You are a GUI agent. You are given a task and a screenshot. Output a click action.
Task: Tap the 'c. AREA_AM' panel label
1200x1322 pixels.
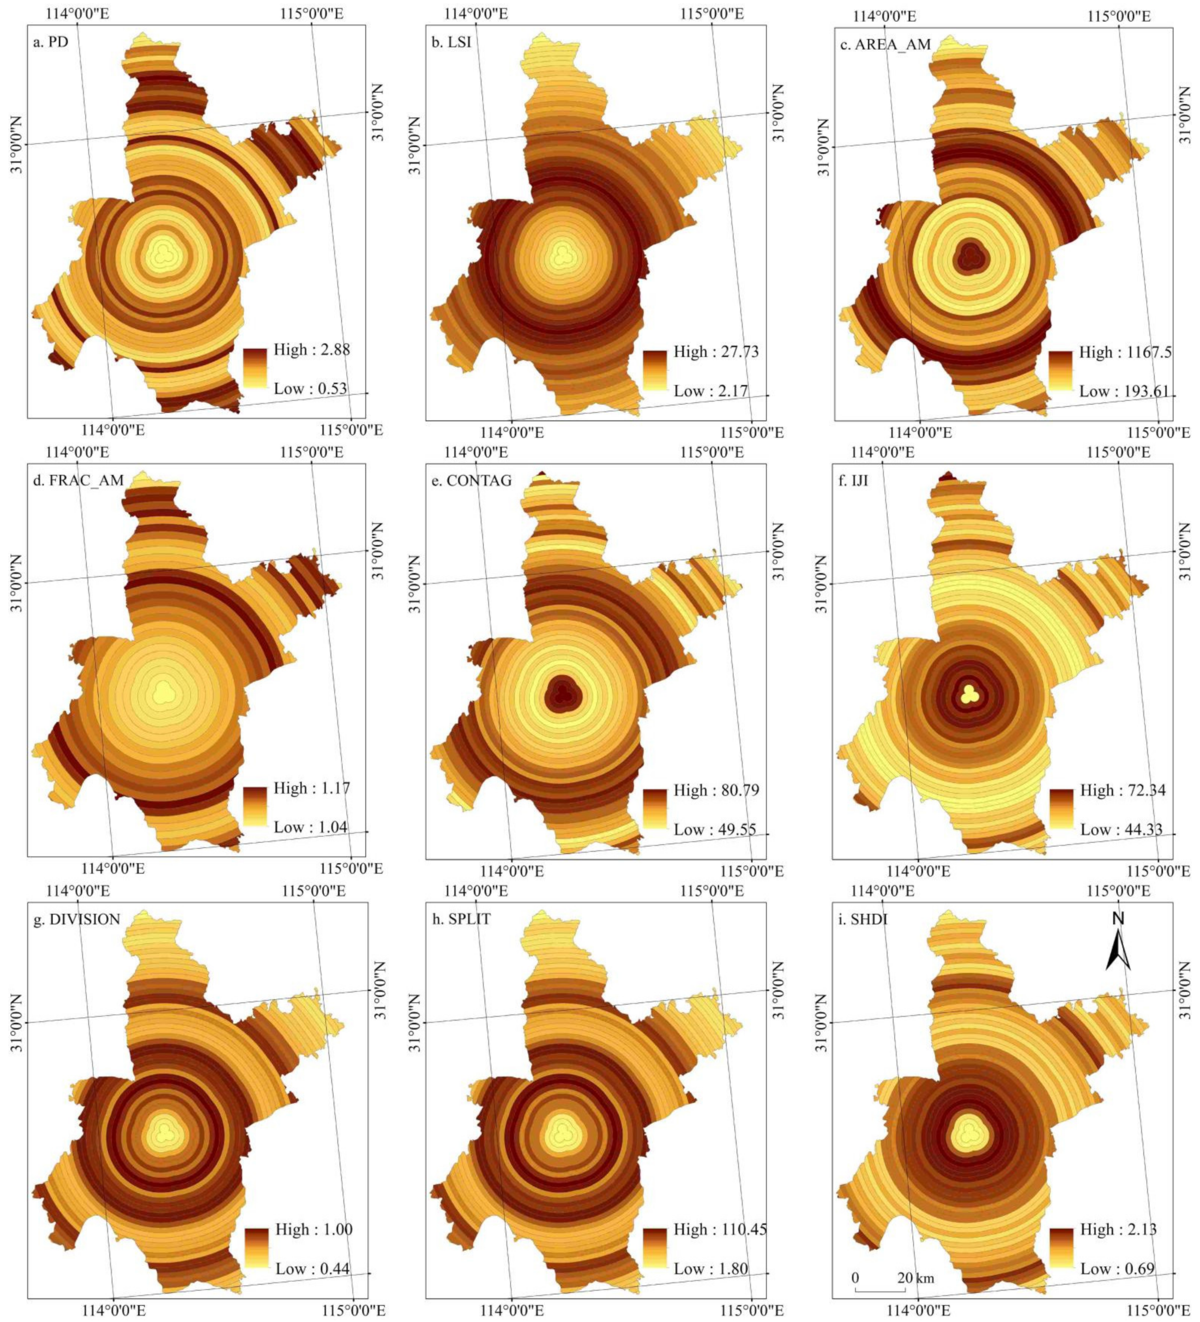[x=885, y=44]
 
